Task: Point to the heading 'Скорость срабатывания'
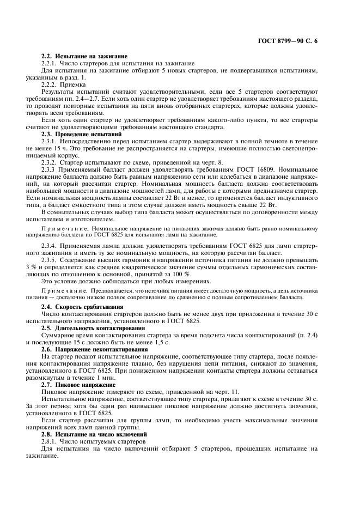[88, 307]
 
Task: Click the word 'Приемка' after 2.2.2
[75, 84]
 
